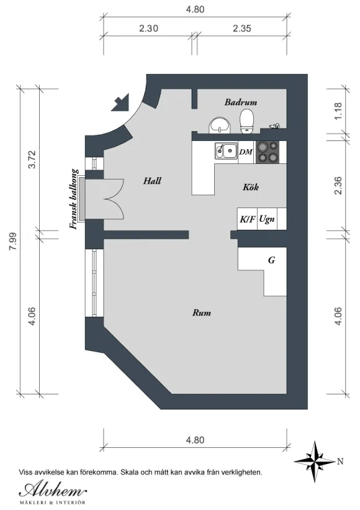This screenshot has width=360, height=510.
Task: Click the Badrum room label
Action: pyautogui.click(x=241, y=102)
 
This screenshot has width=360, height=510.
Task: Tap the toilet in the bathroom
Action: pyautogui.click(x=246, y=121)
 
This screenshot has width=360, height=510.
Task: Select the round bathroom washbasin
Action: pyautogui.click(x=220, y=125)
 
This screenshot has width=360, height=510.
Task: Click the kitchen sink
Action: pyautogui.click(x=226, y=150)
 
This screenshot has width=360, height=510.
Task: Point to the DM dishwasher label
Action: pyautogui.click(x=246, y=152)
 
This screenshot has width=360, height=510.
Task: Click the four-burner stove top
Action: pyautogui.click(x=268, y=152)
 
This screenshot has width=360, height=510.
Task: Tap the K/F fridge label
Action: pyautogui.click(x=247, y=219)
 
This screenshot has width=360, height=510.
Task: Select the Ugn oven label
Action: pyautogui.click(x=267, y=219)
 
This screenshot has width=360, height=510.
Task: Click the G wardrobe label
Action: pyautogui.click(x=271, y=260)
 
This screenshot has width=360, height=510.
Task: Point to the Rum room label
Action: pyautogui.click(x=202, y=313)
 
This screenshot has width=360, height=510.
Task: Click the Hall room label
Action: pyautogui.click(x=152, y=181)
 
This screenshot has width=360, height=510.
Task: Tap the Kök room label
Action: pyautogui.click(x=251, y=187)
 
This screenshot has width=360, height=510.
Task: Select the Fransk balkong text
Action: pyautogui.click(x=74, y=199)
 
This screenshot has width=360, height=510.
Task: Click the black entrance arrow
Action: pyautogui.click(x=121, y=102)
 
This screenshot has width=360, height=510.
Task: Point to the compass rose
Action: pyautogui.click(x=314, y=462)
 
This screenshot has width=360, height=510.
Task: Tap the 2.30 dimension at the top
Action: pyautogui.click(x=148, y=29)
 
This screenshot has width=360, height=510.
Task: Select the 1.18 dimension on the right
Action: pyautogui.click(x=338, y=111)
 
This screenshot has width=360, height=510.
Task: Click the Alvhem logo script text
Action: pyautogui.click(x=53, y=490)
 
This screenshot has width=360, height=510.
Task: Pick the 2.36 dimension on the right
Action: pyautogui.click(x=338, y=185)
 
